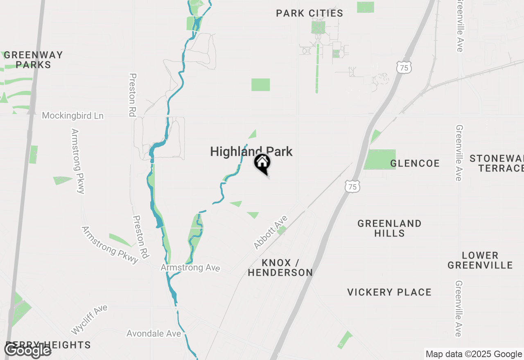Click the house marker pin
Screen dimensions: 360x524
(262, 163)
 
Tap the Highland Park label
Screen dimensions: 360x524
(251, 152)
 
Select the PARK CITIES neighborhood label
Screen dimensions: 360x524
(309, 13)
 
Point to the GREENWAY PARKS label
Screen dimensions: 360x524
(34, 60)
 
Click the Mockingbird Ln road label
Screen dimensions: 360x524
(73, 116)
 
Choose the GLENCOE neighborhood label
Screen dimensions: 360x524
(415, 164)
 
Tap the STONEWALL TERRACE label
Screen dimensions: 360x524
(497, 163)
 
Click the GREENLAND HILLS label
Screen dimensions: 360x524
(389, 228)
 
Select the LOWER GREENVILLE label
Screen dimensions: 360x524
(480, 260)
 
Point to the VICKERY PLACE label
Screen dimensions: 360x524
(389, 292)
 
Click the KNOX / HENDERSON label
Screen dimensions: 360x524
(280, 268)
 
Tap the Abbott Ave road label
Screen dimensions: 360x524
(270, 233)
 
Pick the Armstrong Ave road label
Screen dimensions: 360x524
(190, 268)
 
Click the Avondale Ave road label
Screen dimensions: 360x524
(154, 334)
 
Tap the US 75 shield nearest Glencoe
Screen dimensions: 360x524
(352, 187)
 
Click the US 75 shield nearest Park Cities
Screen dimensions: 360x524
(404, 67)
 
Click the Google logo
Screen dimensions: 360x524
(27, 351)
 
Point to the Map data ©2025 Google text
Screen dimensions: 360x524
(474, 354)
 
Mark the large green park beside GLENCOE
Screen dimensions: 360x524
(380, 159)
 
